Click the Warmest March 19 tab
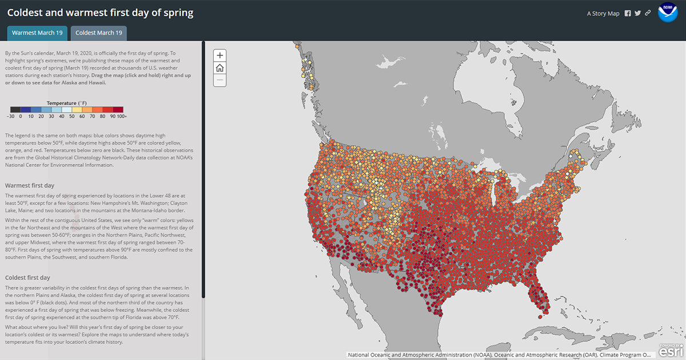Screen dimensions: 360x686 pos(37,33)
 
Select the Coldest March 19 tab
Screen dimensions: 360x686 pos(99,33)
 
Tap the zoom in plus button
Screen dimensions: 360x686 pos(220,55)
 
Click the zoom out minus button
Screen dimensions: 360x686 pos(220,81)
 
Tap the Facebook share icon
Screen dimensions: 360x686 pos(628,14)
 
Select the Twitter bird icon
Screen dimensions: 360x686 pos(637,14)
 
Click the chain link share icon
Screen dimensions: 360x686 pos(648,14)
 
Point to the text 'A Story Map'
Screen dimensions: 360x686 pos(603,14)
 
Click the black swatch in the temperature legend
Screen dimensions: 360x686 pos(15,110)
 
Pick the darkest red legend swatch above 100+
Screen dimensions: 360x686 pos(118,110)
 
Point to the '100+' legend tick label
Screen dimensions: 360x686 pos(122,116)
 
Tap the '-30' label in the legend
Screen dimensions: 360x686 pos(10,116)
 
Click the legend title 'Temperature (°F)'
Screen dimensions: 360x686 pos(66,103)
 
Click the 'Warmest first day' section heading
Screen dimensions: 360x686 pos(30,185)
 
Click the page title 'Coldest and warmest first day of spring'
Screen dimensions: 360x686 pos(100,13)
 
